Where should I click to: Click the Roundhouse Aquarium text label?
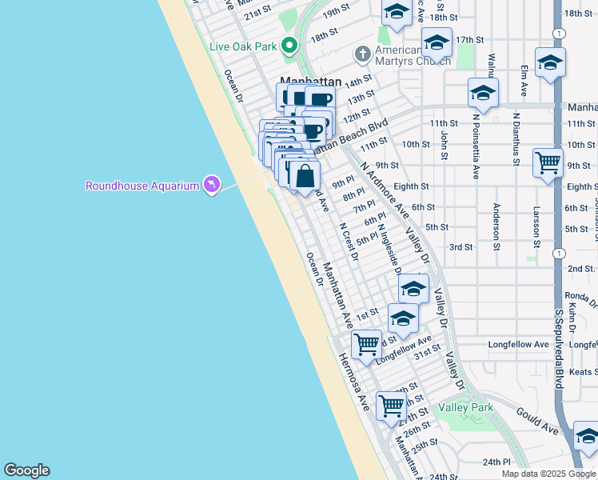tap(142, 186)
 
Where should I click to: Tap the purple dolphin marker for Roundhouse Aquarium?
tap(211, 185)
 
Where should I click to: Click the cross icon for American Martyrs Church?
tap(362, 53)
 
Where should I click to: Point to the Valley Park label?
tap(465, 407)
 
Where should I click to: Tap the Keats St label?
tap(584, 372)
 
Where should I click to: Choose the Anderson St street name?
tap(496, 226)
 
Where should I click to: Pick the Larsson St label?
tap(536, 226)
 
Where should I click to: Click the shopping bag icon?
tap(305, 175)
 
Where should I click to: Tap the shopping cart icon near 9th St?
tap(548, 162)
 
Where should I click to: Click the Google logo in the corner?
tap(26, 470)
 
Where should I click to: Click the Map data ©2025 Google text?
tap(548, 474)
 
